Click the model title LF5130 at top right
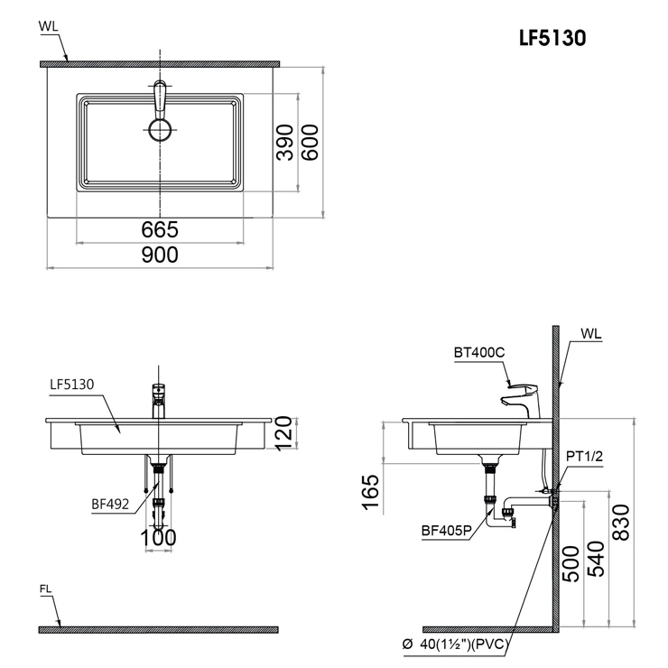click(552, 39)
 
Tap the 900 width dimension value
click(161, 255)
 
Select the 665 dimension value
click(161, 230)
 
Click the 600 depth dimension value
click(311, 143)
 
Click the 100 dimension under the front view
click(160, 539)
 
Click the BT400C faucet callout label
click(479, 353)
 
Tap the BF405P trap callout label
click(447, 531)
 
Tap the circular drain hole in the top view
click(160, 130)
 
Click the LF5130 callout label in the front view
click(73, 385)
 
